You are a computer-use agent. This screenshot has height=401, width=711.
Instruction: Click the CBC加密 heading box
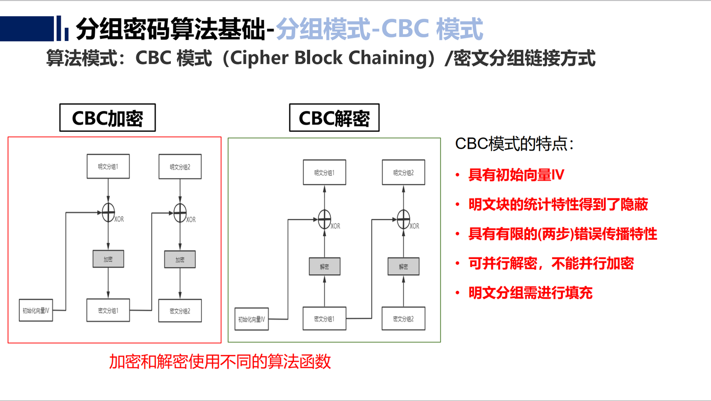(107, 118)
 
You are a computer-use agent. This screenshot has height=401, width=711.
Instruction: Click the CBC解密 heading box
(334, 118)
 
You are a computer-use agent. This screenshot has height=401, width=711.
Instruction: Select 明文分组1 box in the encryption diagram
(108, 167)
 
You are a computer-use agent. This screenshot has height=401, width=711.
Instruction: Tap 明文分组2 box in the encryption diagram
(180, 167)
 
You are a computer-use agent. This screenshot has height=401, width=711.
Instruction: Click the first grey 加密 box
(108, 259)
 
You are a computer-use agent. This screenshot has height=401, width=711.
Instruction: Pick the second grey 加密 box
(180, 259)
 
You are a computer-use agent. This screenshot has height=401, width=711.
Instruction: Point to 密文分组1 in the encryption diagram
(108, 311)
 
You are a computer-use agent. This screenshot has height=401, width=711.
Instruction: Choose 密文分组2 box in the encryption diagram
(180, 311)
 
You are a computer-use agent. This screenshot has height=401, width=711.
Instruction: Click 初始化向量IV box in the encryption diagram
(36, 311)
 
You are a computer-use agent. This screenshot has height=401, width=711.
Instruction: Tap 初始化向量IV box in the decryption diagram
(251, 319)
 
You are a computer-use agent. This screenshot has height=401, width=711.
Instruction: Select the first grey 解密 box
(324, 266)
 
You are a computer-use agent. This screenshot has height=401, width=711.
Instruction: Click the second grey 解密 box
(403, 266)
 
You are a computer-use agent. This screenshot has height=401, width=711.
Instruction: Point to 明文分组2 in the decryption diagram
(403, 173)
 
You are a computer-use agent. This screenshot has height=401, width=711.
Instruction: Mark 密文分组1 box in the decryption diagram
(324, 319)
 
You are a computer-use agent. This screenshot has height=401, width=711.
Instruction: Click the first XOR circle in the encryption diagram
(108, 213)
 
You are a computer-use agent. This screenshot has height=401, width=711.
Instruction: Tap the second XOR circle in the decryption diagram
(403, 217)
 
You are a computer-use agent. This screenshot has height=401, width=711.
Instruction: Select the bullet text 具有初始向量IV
(516, 175)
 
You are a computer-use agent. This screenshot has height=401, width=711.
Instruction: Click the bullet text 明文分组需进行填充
(530, 293)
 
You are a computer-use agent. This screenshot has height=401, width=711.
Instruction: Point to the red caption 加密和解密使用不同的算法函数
(220, 362)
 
